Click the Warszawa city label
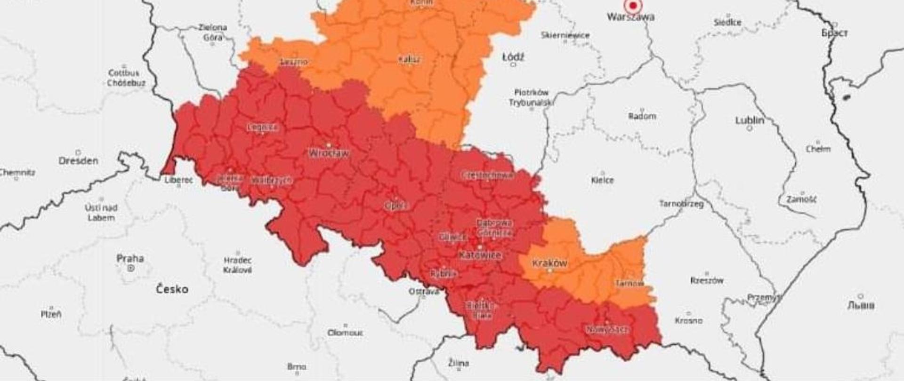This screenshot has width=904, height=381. pyautogui.click(x=630, y=17)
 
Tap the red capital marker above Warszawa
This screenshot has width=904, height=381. pyautogui.click(x=633, y=5)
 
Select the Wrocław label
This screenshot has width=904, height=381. pyautogui.click(x=329, y=153)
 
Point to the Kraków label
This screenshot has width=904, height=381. pyautogui.click(x=549, y=263)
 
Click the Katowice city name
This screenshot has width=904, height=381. pyautogui.click(x=480, y=255)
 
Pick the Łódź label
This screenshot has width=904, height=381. pyautogui.click(x=513, y=57)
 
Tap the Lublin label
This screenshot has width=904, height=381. pyautogui.click(x=750, y=120)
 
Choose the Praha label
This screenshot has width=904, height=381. pyautogui.click(x=130, y=258)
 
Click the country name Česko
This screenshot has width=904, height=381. pyautogui.click(x=172, y=289)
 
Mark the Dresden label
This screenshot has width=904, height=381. pyautogui.click(x=78, y=160)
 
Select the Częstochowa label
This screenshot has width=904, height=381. pyautogui.click(x=487, y=175)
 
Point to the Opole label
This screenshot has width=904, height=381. pyautogui.click(x=395, y=206)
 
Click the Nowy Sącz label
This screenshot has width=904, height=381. pyautogui.click(x=607, y=330)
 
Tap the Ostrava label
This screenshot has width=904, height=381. pyautogui.click(x=423, y=292)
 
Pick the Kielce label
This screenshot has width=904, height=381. pyautogui.click(x=602, y=180)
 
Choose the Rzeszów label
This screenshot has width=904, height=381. pyautogui.click(x=706, y=280)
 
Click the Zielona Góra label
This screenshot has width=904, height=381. pyautogui.click(x=212, y=32)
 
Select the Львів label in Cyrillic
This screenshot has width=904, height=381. pyautogui.click(x=861, y=305)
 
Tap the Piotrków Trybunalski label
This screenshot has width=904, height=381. pyautogui.click(x=531, y=97)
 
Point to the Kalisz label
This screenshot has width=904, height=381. pyautogui.click(x=409, y=60)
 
